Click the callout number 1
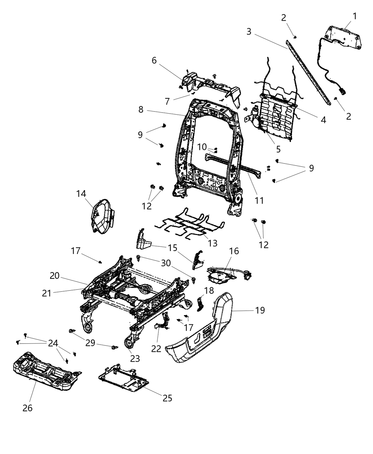tap(354, 16)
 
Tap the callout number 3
tap(249, 31)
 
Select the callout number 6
tap(154, 61)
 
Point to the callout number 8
tap(141, 110)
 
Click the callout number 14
tap(81, 194)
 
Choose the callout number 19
tap(260, 310)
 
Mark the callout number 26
tap(27, 408)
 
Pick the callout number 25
tap(167, 398)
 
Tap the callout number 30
tap(166, 263)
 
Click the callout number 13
tap(212, 244)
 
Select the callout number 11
tap(259, 200)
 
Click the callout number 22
tap(156, 349)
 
